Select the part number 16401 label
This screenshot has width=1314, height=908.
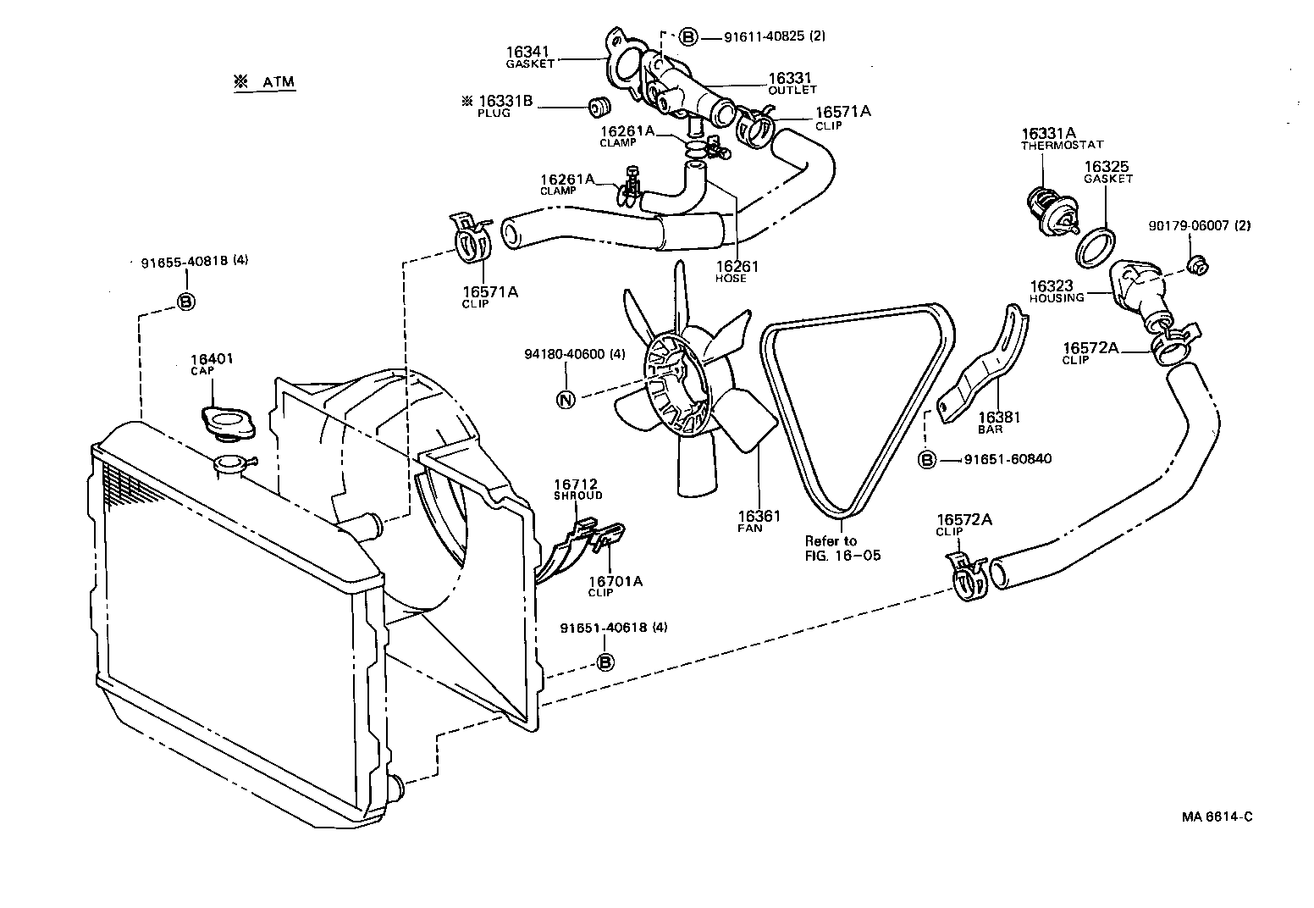point(212,360)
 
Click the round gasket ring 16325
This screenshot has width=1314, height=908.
point(1096,246)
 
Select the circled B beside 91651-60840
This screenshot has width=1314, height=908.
point(927,460)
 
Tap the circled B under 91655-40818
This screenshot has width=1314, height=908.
point(185,302)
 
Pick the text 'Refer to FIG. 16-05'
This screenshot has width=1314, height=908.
point(842,548)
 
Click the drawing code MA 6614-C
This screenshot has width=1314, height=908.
point(1217,817)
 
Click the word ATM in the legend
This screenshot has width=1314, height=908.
point(279,82)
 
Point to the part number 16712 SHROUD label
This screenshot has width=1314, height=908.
point(577,489)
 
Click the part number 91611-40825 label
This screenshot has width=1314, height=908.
point(775,36)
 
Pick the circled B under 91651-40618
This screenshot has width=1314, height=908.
point(605,662)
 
